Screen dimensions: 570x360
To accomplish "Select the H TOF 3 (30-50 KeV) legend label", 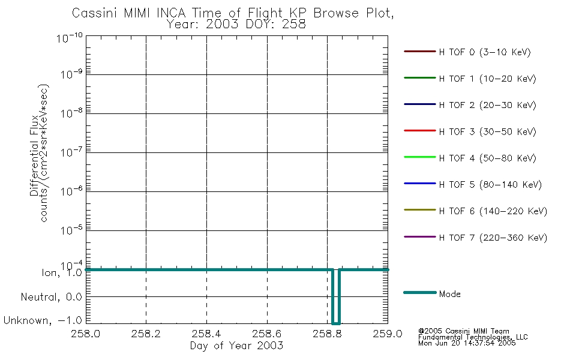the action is coord(487,131).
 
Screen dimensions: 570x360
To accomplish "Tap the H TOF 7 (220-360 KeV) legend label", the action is coord(493,238).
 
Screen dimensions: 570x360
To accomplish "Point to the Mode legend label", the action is coord(449,294).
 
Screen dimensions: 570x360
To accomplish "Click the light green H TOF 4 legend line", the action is coord(420,157).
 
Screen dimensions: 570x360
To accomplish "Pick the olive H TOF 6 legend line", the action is coord(420,210).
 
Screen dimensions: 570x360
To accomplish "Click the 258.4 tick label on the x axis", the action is coord(206,334).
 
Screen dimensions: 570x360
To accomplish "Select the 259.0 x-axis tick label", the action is coord(388,334).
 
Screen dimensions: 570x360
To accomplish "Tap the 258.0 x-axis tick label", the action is coord(86,334).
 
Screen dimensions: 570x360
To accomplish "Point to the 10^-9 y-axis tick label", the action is coord(71,74).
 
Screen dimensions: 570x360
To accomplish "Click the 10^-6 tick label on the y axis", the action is coord(71,191).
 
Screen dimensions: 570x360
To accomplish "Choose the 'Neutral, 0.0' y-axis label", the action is coord(51,297).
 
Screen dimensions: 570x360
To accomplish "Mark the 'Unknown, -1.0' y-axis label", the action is coord(43,320).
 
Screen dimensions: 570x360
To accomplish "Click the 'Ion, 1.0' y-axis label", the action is coord(62,273).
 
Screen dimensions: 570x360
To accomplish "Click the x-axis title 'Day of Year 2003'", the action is coord(236,346).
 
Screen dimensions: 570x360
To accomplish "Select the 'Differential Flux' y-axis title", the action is coord(35,155).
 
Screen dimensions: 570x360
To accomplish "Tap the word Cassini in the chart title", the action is coord(95,13).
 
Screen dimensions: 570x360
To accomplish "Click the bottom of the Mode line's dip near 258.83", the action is coord(336,323).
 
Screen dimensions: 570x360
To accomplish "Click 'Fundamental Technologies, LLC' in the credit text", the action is coord(473,337).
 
